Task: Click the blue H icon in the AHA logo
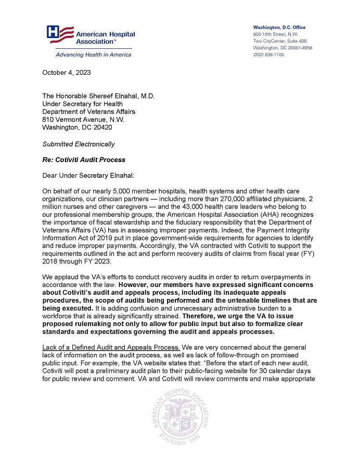click(x=53, y=33)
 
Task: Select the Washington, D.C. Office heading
click(x=279, y=27)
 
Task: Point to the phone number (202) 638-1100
click(x=268, y=55)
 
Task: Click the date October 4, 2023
click(x=66, y=72)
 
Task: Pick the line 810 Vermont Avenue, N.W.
click(x=83, y=119)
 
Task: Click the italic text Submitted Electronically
click(x=79, y=144)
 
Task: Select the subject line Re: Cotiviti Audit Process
click(x=84, y=160)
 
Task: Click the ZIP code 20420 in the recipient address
click(x=102, y=127)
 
